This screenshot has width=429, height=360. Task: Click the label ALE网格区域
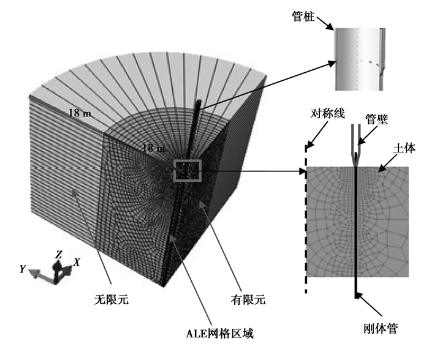click(x=219, y=334)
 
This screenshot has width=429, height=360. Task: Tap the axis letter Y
click(x=23, y=268)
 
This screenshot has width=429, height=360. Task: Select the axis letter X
click(x=76, y=262)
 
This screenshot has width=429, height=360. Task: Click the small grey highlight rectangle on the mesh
click(x=188, y=170)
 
